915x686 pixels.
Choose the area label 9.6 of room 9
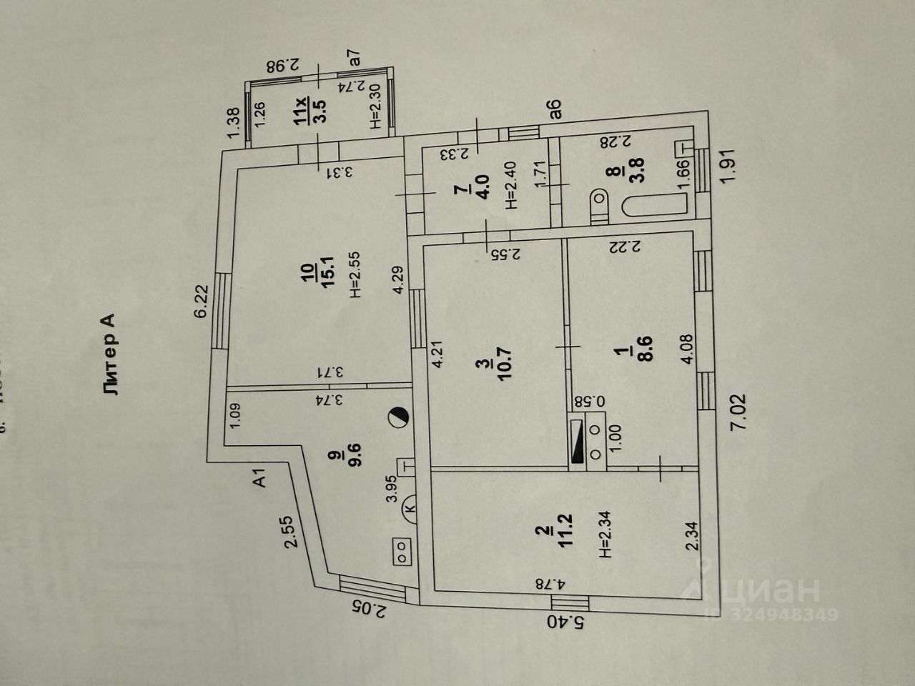click(x=355, y=454)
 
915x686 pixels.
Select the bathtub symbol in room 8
click(x=655, y=207)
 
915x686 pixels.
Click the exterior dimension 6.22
click(x=201, y=300)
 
